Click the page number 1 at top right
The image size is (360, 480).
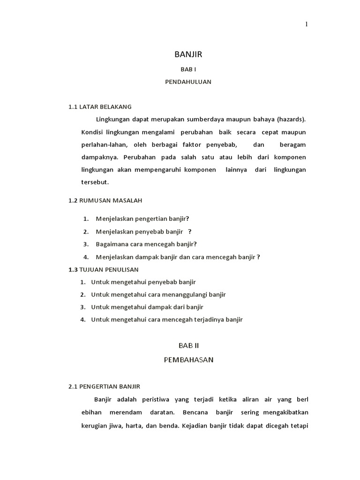click(307, 24)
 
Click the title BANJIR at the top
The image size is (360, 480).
click(188, 55)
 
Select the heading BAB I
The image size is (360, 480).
click(188, 69)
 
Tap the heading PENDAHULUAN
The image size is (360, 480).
click(188, 82)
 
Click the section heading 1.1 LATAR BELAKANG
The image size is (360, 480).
click(100, 106)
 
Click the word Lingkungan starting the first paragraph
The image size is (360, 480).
click(112, 119)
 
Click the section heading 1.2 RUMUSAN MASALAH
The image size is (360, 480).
click(105, 200)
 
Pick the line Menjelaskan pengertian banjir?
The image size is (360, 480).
click(142, 218)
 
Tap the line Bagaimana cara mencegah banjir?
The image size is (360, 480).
click(146, 244)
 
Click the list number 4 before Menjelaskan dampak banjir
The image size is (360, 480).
click(86, 257)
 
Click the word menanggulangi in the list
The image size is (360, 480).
click(188, 294)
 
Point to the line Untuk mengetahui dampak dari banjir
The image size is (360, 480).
click(147, 307)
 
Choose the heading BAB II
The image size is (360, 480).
click(188, 345)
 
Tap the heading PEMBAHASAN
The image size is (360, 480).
click(188, 360)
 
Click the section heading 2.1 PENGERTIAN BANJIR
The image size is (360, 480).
click(104, 386)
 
